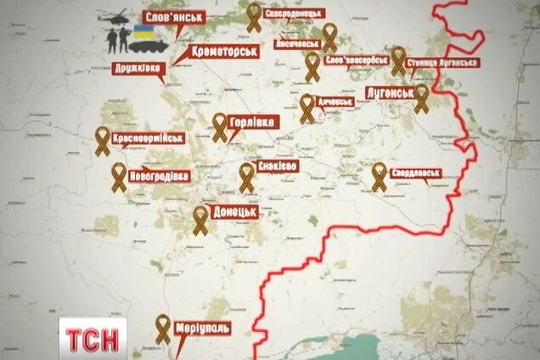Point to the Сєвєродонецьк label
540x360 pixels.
294,16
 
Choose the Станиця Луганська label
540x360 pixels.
442,63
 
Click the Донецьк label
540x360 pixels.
236,208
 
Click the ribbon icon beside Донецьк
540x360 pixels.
200,218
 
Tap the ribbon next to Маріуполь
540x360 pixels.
164,327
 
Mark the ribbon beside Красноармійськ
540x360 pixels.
102,141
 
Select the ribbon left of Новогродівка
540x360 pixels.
119,176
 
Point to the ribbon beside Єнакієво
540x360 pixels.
247,176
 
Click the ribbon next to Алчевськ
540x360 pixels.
307,108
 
